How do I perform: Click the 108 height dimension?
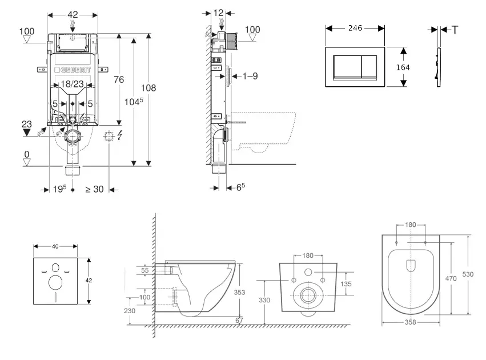[148, 88]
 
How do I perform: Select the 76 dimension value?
[119, 80]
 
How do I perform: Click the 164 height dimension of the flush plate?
[403, 67]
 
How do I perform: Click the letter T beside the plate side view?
[455, 30]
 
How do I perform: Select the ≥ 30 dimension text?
[94, 190]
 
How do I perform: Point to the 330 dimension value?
[263, 299]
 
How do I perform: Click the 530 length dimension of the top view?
[468, 274]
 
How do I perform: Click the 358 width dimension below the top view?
[411, 322]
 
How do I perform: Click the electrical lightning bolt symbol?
[119, 137]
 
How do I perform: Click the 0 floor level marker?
[26, 154]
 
